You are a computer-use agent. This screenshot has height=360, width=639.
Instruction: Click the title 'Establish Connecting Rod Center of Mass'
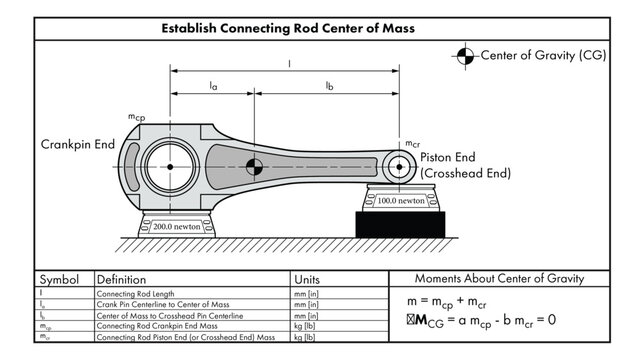tap(318, 28)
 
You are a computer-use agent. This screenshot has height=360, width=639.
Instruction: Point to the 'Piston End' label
tap(448, 157)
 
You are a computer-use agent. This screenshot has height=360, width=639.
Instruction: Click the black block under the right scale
tap(399, 224)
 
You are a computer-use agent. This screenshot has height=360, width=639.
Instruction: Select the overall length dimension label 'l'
tap(289, 62)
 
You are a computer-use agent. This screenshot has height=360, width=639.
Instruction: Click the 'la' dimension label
tap(213, 87)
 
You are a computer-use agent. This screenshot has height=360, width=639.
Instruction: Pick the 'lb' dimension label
tap(329, 87)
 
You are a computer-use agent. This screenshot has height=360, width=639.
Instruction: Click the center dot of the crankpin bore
tap(171, 166)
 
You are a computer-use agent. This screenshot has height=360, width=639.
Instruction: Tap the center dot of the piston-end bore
tap(400, 165)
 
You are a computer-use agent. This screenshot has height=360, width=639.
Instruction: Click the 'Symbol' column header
tap(59, 279)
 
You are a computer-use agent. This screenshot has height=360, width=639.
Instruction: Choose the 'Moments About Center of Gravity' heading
tap(511, 279)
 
